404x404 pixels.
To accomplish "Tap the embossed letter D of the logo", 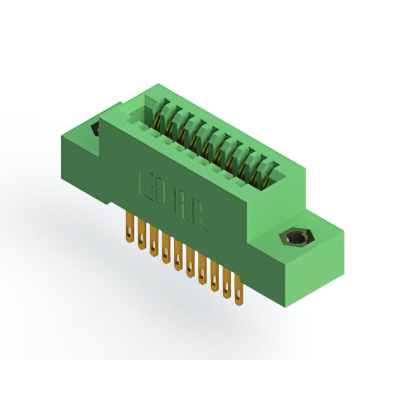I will click(160, 191).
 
